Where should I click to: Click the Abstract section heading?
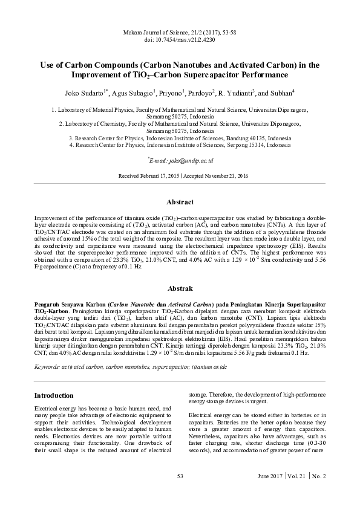[180, 202]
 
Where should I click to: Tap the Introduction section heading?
[54, 395]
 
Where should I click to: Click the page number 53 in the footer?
[180, 476]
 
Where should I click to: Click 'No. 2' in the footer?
[318, 476]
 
